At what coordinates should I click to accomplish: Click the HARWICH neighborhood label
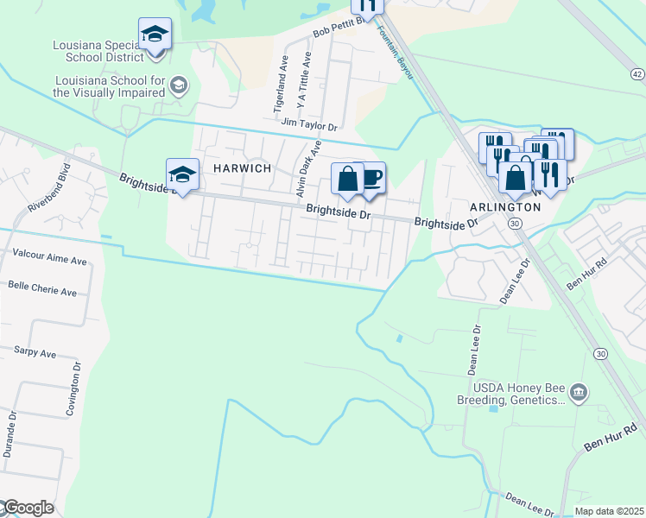(x=237, y=168)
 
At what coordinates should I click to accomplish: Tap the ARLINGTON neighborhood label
(x=504, y=207)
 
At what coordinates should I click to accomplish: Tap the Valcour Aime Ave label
(x=50, y=258)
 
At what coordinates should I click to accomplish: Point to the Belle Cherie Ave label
(x=42, y=288)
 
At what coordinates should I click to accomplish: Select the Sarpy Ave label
(x=35, y=353)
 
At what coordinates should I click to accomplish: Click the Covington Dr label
(x=77, y=389)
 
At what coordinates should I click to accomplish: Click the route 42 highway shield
(x=637, y=75)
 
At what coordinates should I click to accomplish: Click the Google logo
(x=28, y=508)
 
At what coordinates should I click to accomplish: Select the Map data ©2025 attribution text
(x=602, y=511)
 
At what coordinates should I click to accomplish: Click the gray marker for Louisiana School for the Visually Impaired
(x=179, y=85)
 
